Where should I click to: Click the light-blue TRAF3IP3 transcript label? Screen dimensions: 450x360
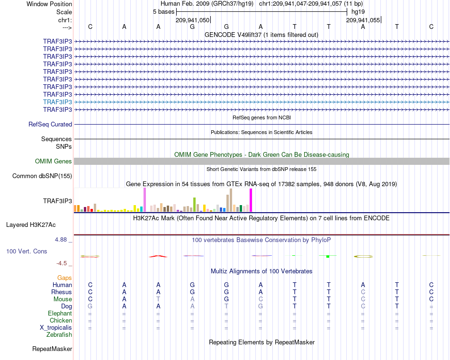[x=57, y=102]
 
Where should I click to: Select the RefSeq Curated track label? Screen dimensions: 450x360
[x=50, y=124]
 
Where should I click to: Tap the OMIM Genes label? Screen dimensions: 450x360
[x=54, y=162]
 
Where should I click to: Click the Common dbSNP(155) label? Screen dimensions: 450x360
[x=42, y=176]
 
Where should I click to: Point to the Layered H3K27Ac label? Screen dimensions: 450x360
[x=31, y=225]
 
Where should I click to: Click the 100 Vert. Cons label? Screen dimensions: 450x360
[x=27, y=251]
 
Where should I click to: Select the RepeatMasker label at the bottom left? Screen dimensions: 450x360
[x=52, y=349]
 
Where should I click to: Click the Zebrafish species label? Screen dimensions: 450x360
[x=59, y=335]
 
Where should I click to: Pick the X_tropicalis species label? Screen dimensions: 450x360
[x=56, y=328]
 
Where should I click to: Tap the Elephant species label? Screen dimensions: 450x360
[x=60, y=313]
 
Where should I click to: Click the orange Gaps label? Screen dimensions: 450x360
[x=64, y=278]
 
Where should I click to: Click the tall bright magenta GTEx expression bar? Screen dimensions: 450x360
[x=251, y=200]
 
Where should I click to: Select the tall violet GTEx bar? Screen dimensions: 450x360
[x=144, y=200]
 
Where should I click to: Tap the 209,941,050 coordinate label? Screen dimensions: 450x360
[x=192, y=20]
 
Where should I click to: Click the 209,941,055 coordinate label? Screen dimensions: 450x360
[x=363, y=20]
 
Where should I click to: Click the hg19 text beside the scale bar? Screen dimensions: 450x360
[x=358, y=12]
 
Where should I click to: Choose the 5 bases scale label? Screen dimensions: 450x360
[x=163, y=12]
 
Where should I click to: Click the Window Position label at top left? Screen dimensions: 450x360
[x=49, y=4]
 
